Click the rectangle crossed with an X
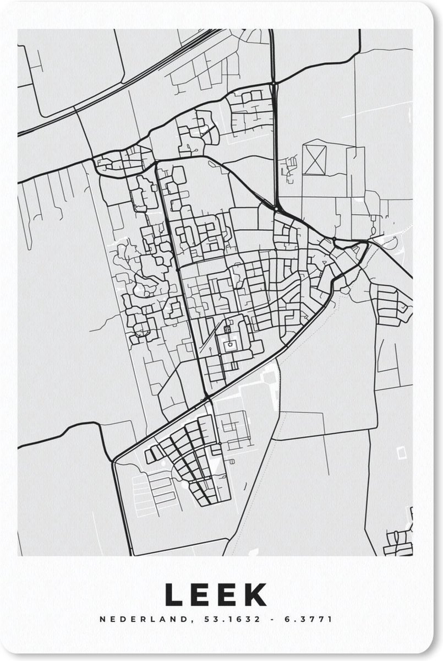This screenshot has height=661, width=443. click(315, 159)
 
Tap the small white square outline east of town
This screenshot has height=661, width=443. click(401, 452)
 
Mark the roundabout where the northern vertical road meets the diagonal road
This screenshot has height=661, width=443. click(275, 208)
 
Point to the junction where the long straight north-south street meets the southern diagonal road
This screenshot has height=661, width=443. click(206, 397)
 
